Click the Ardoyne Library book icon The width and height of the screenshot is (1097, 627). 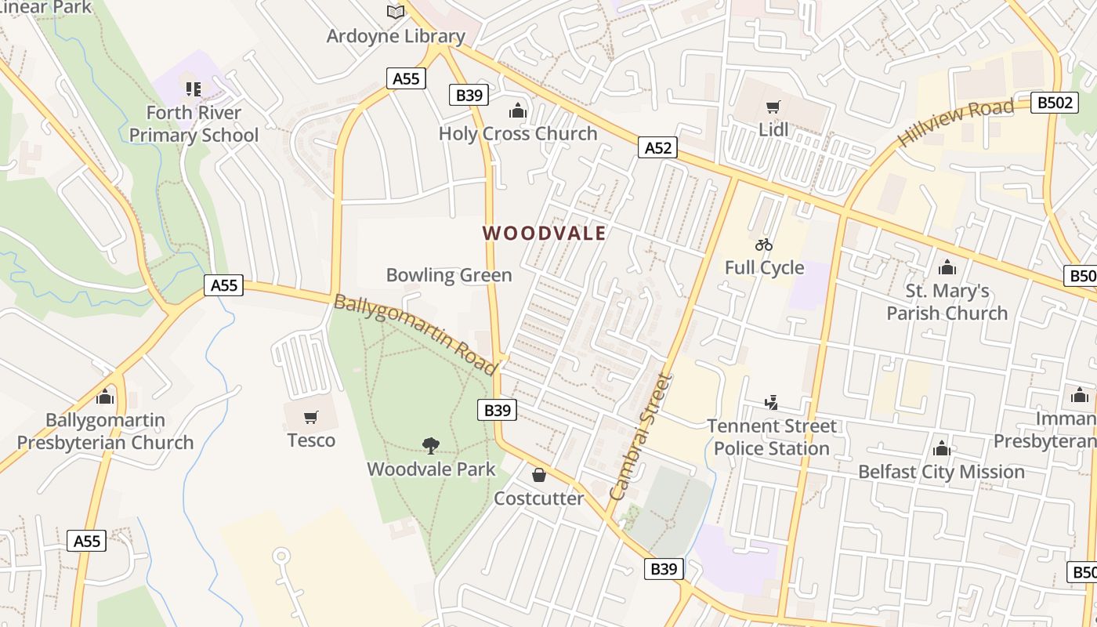click(396, 13)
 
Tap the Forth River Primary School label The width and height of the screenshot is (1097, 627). click(194, 124)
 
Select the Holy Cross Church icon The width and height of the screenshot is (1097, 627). click(517, 110)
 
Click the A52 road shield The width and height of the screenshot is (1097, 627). click(657, 147)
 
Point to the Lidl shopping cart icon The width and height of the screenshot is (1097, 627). click(773, 107)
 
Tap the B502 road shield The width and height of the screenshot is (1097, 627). click(1055, 103)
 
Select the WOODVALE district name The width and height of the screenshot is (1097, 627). click(544, 233)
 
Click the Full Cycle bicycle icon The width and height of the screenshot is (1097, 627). click(764, 245)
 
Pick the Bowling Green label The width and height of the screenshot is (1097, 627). click(449, 275)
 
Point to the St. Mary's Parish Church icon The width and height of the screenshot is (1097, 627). click(947, 267)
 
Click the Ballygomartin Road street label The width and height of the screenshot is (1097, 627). click(415, 334)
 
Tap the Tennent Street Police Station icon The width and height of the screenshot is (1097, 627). click(772, 403)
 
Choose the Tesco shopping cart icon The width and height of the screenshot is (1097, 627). click(311, 417)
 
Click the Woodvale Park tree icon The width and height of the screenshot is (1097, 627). click(430, 446)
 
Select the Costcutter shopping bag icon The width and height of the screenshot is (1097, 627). click(539, 475)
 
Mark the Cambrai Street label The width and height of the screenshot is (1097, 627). click(640, 437)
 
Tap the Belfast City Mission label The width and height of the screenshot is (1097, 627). click(941, 472)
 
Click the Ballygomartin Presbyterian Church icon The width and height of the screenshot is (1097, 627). click(105, 397)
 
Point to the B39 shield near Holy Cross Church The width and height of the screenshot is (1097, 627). click(469, 96)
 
